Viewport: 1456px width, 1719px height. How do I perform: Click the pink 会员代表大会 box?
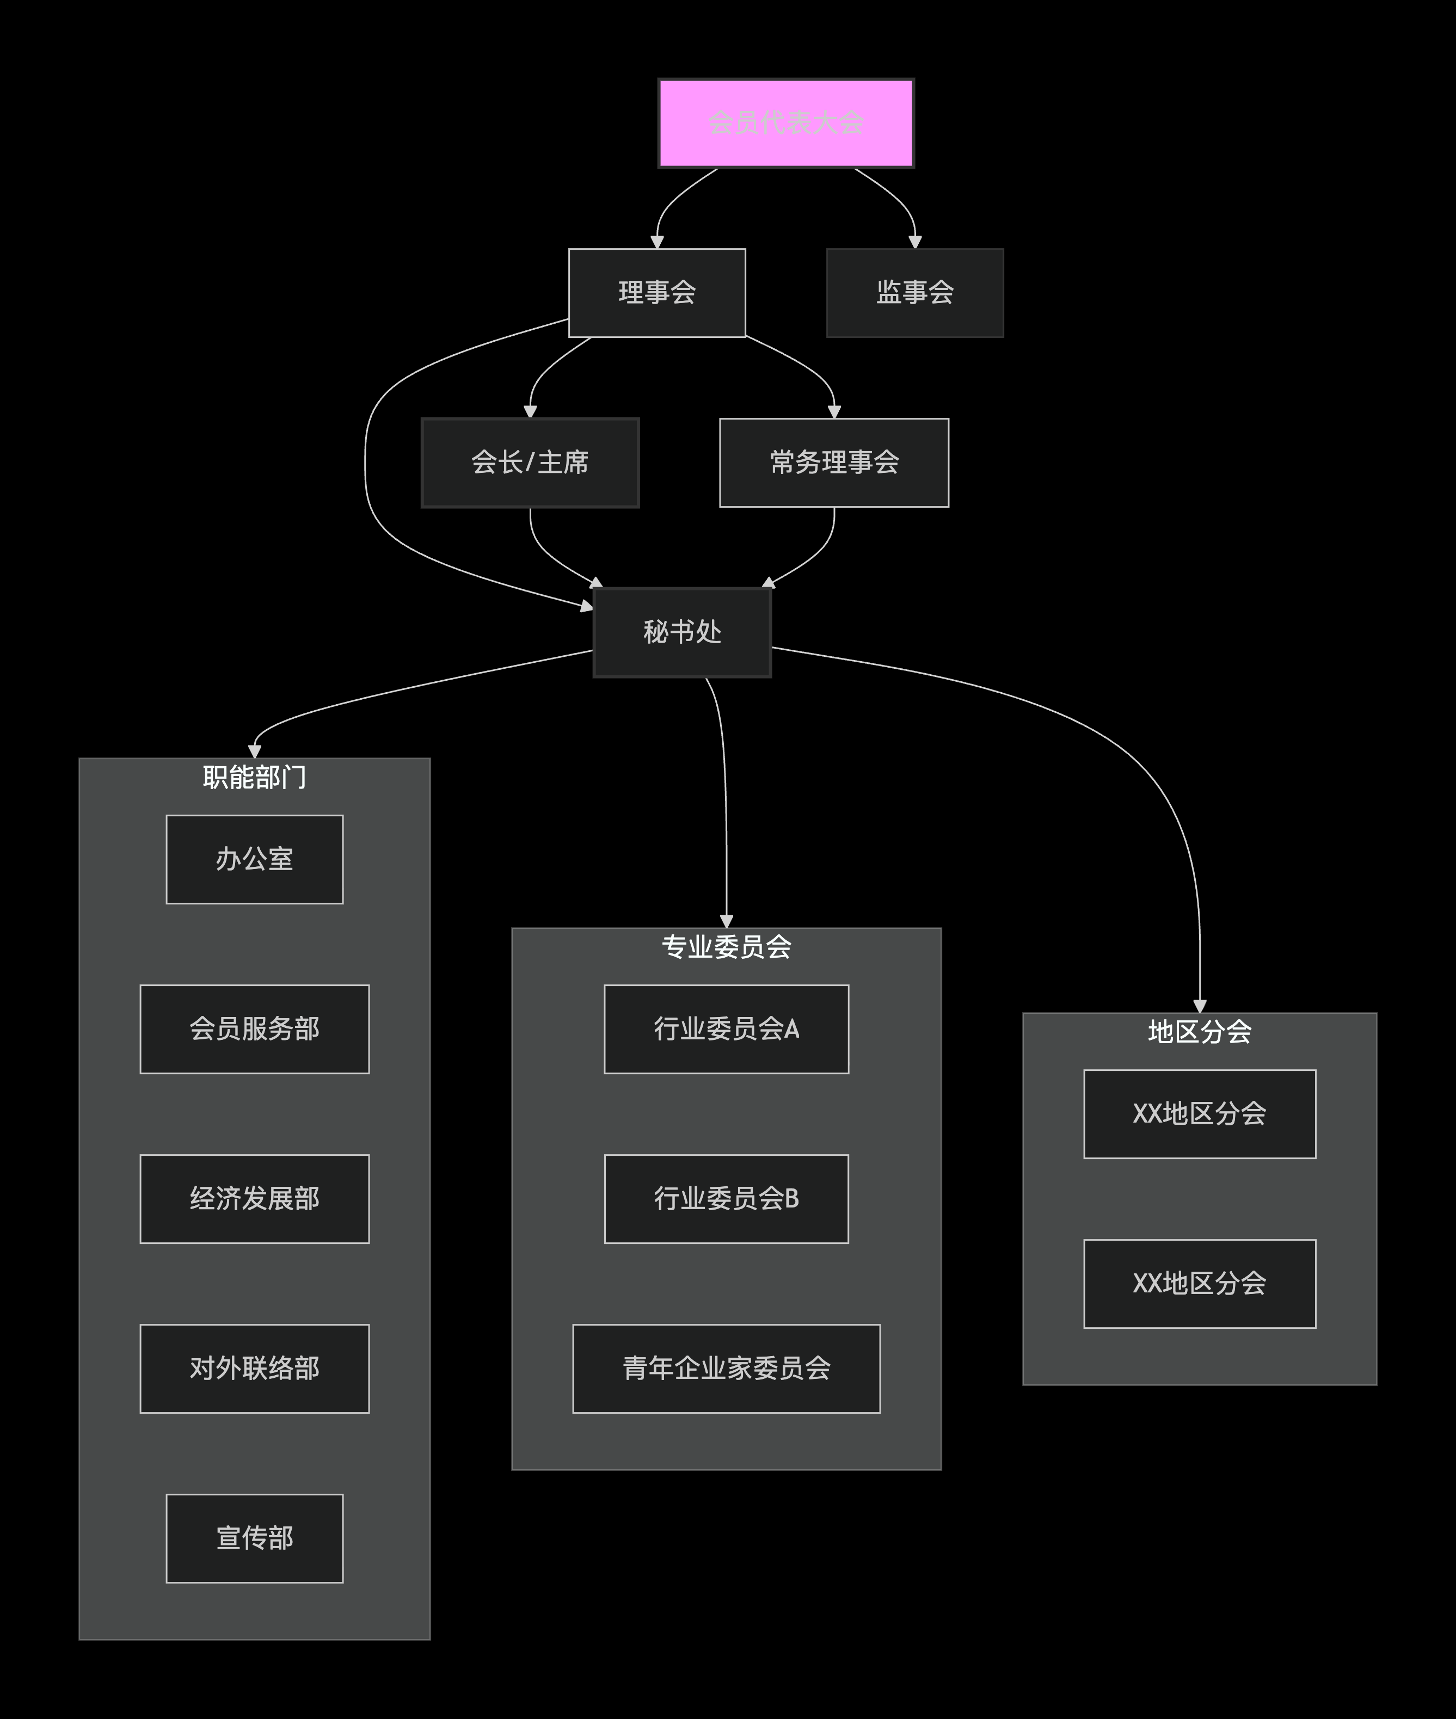pyautogui.click(x=786, y=124)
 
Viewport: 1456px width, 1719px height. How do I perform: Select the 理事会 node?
pyautogui.click(x=657, y=293)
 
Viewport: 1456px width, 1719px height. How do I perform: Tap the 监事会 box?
pyautogui.click(x=914, y=293)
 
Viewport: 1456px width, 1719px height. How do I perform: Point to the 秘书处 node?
pyautogui.click(x=682, y=632)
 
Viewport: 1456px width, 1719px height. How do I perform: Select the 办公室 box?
pyautogui.click(x=254, y=859)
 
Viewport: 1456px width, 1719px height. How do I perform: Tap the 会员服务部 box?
pyautogui.click(x=254, y=1029)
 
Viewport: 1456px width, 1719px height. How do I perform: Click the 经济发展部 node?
pyautogui.click(x=254, y=1198)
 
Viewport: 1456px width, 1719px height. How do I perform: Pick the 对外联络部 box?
pyautogui.click(x=254, y=1368)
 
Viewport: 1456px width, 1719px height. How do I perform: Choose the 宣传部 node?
pyautogui.click(x=254, y=1538)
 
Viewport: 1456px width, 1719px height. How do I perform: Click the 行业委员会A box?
pyautogui.click(x=726, y=1029)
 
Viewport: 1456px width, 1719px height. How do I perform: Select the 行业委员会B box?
pyautogui.click(x=726, y=1198)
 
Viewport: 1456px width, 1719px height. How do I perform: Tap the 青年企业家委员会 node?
pyautogui.click(x=726, y=1368)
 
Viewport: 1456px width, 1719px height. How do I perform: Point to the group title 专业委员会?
pyautogui.click(x=726, y=946)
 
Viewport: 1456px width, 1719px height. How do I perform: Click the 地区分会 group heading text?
pyautogui.click(x=1199, y=1032)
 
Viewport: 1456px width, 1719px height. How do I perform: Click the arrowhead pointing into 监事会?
pyautogui.click(x=914, y=242)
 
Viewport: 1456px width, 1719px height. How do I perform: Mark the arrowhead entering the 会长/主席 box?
pyautogui.click(x=530, y=412)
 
